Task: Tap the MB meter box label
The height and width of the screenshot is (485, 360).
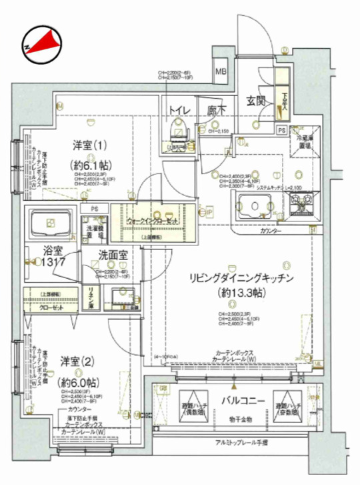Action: (219, 72)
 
